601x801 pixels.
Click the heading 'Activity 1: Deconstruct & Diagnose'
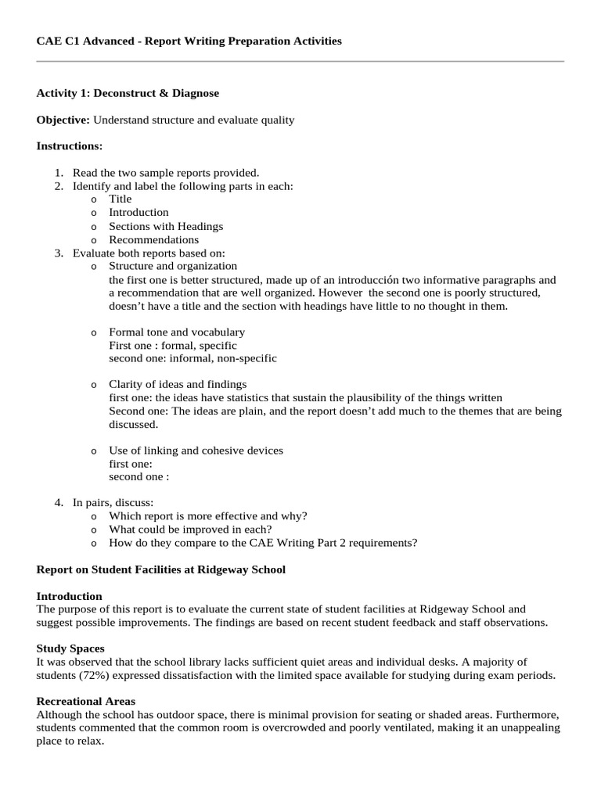point(128,93)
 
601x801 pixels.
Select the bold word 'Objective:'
point(63,120)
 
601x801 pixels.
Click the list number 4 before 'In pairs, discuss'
point(59,502)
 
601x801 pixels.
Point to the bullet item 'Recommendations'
point(153,240)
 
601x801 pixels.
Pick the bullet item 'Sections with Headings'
point(166,226)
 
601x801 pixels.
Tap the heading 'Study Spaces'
point(70,648)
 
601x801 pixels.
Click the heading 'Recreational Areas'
point(85,702)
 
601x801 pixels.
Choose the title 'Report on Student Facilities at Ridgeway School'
point(161,569)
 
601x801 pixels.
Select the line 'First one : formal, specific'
point(172,345)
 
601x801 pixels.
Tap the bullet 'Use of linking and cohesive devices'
point(196,451)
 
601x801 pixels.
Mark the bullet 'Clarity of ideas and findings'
point(178,384)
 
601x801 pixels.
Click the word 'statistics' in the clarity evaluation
point(247,397)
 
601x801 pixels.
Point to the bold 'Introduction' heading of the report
point(70,596)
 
